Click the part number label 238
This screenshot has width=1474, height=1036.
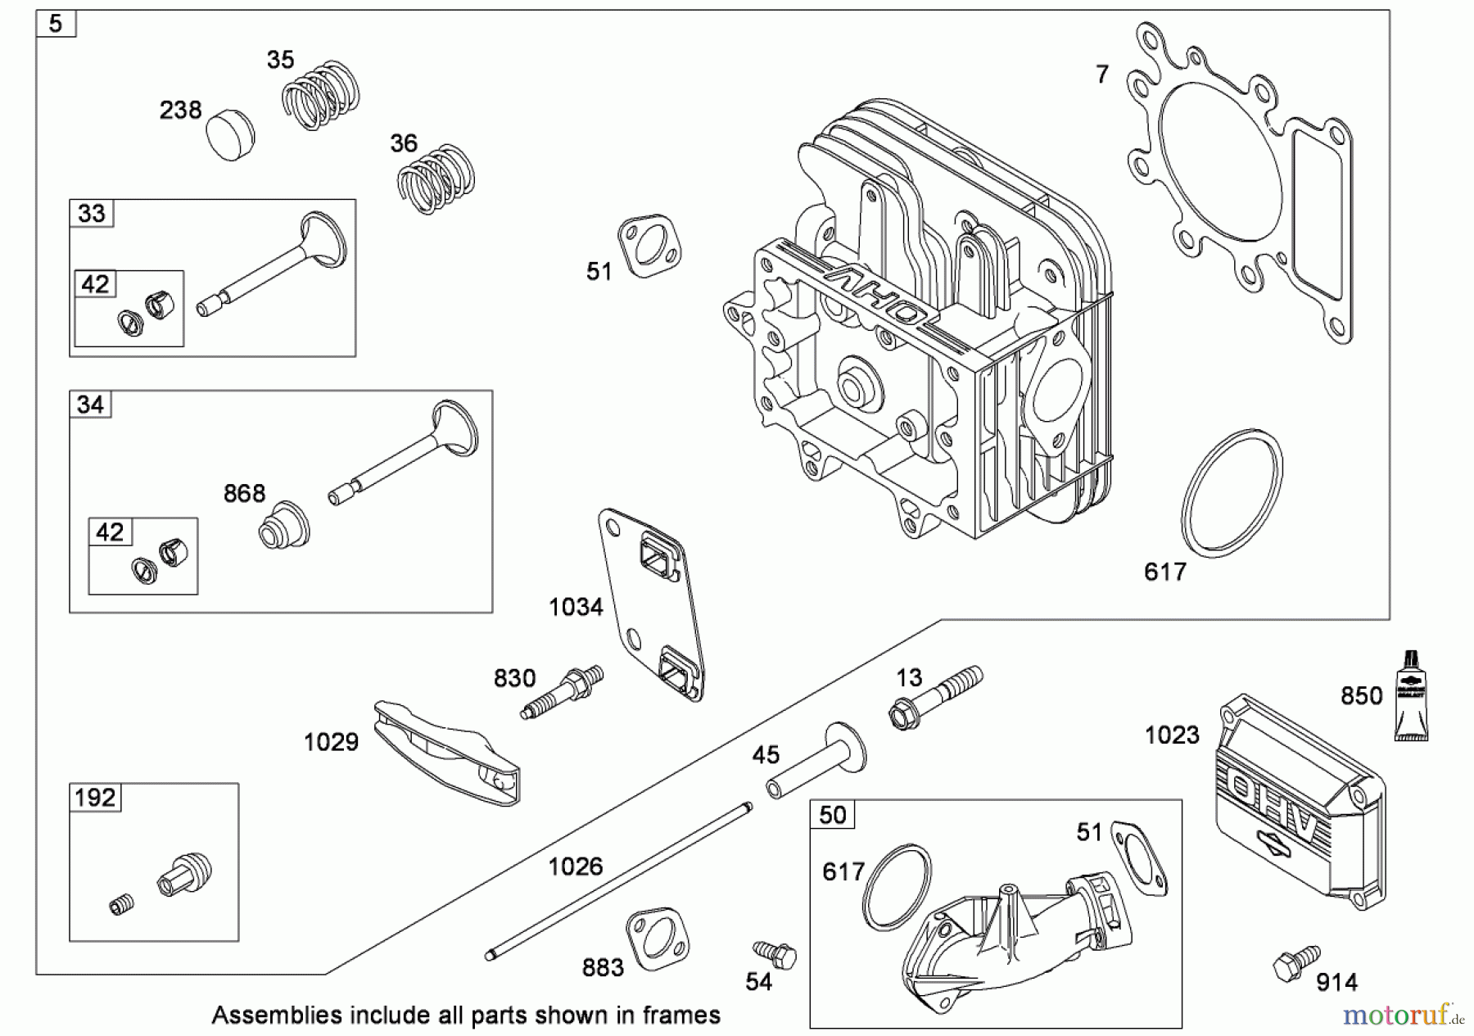[x=180, y=110]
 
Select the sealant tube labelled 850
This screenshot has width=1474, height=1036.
[x=1411, y=696]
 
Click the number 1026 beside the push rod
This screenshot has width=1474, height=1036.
[x=575, y=866]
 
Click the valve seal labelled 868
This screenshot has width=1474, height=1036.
[x=283, y=524]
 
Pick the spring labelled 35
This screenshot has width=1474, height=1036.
[x=321, y=95]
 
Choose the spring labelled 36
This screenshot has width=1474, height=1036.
[x=436, y=179]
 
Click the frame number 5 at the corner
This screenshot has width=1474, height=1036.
[x=56, y=24]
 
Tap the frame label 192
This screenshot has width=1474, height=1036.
[x=95, y=798]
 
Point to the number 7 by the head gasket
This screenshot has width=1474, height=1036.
[x=1102, y=75]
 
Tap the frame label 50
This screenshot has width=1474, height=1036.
[x=832, y=815]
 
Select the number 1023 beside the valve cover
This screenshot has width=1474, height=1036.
[x=1172, y=735]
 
